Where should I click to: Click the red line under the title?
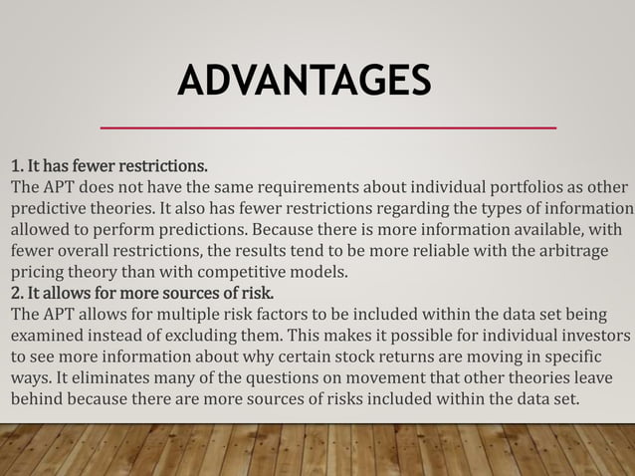(328, 127)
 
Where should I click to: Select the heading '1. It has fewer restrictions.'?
(108, 164)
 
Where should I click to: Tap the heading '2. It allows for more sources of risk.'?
(140, 294)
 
